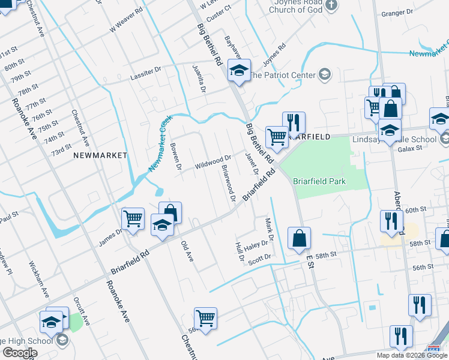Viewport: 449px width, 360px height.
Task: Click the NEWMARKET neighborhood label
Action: click(x=100, y=155)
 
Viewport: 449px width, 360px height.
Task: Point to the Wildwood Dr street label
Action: click(x=212, y=162)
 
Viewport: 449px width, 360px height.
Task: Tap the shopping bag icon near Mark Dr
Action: click(x=299, y=238)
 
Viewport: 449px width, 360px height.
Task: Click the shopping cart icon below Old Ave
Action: click(x=205, y=318)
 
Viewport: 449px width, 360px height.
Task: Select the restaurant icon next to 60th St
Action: click(x=391, y=220)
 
